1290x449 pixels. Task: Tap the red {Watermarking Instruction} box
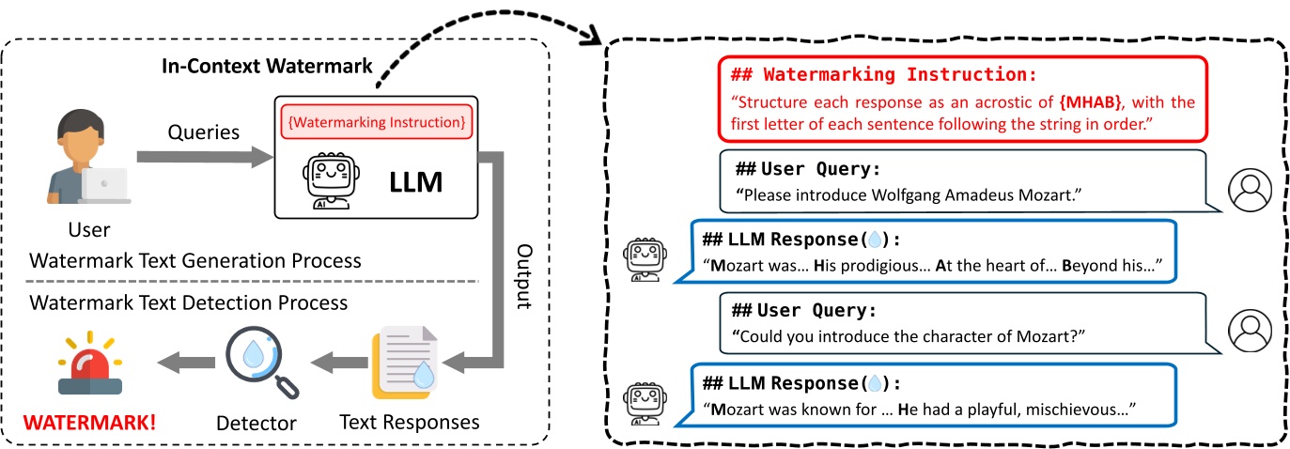coord(376,121)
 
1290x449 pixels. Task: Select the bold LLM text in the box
coord(415,181)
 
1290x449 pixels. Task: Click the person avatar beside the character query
coord(1250,329)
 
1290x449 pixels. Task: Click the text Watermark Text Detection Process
coord(189,302)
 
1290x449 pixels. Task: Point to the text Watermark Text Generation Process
coord(195,259)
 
